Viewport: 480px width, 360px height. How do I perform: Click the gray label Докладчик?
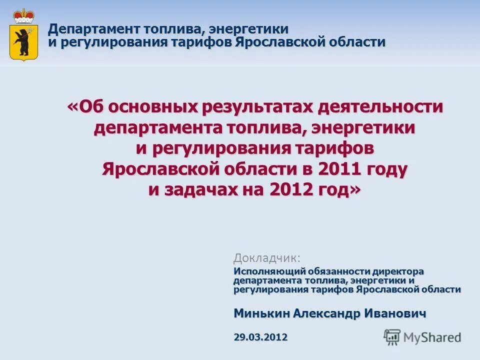coord(267,258)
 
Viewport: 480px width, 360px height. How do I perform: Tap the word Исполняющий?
coord(263,271)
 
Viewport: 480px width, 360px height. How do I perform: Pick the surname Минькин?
coord(261,313)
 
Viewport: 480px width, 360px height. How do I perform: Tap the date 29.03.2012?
coord(260,337)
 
